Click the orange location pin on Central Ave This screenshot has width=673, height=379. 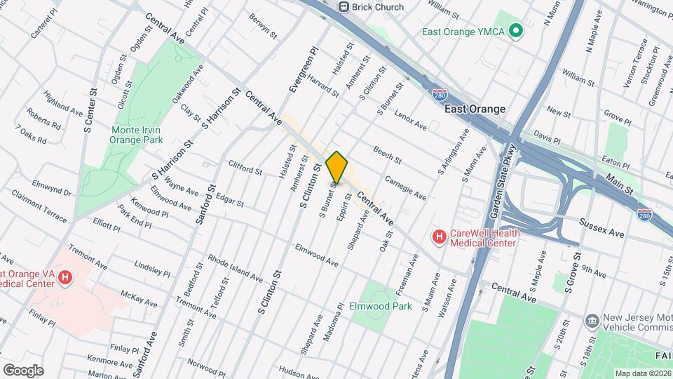[x=337, y=168]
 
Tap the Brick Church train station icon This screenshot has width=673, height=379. [x=344, y=7]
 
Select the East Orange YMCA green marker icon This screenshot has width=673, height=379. [x=517, y=31]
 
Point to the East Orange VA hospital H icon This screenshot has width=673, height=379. [x=65, y=279]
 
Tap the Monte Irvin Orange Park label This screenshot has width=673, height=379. [x=136, y=134]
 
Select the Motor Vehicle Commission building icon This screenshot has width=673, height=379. [x=591, y=321]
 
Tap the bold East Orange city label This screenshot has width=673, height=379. [x=475, y=109]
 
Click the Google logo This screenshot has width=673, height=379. [x=23, y=370]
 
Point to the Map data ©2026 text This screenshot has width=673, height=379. [x=642, y=373]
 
